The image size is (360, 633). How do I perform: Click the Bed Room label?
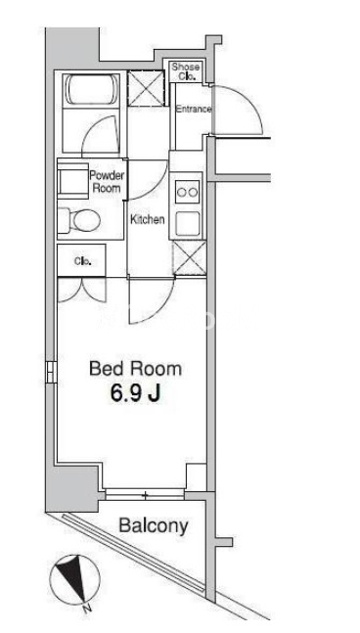135,369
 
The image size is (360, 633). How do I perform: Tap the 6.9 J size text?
136,393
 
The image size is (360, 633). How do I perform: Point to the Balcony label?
154,525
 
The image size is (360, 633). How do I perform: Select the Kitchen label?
148,219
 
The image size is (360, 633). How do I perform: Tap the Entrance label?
194,109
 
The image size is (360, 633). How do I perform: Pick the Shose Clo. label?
186,71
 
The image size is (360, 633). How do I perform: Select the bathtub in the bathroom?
92,90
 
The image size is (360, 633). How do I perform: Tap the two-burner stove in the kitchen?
188,192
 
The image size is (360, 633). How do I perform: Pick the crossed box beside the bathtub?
146,88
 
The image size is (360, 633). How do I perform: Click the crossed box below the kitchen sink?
189,258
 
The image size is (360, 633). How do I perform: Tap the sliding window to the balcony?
145,494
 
